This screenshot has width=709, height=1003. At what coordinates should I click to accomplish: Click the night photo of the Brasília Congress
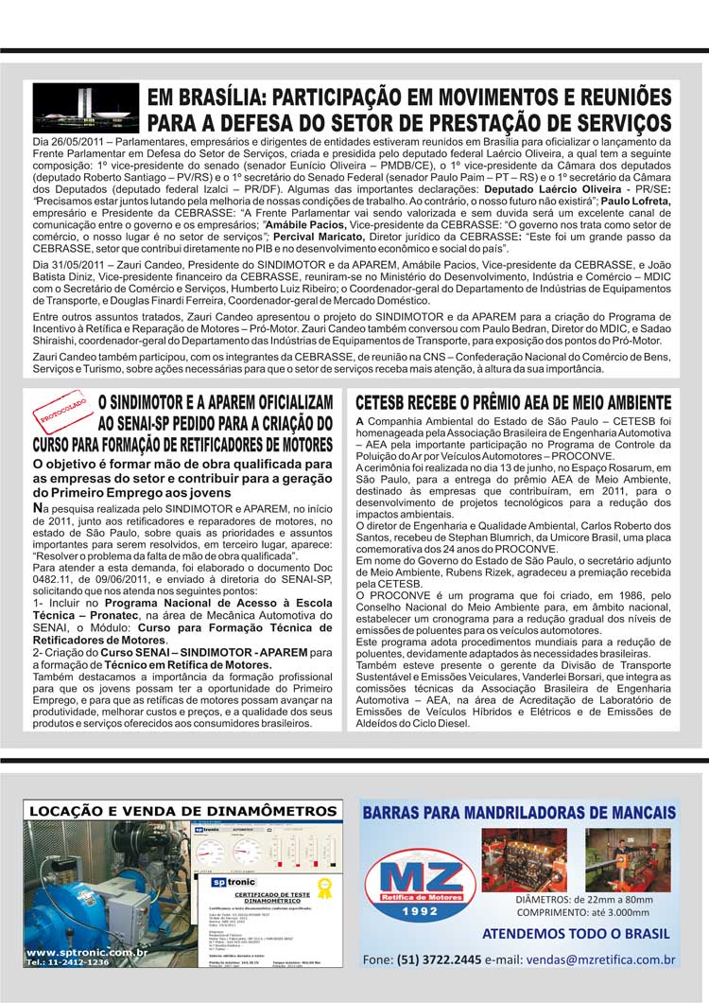(86, 107)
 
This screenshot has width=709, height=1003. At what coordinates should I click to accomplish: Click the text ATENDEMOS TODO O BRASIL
(577, 933)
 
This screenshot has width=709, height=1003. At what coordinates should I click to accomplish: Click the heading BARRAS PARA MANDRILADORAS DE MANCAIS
(518, 812)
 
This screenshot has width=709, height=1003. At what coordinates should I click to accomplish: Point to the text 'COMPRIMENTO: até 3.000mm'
(582, 912)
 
